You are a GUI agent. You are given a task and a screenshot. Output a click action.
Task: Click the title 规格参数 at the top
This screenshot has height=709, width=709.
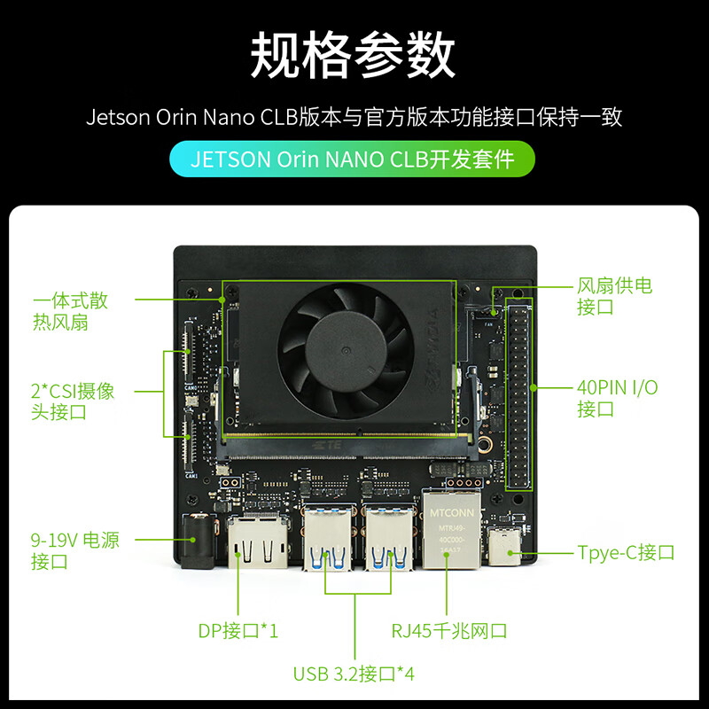pyautogui.click(x=354, y=55)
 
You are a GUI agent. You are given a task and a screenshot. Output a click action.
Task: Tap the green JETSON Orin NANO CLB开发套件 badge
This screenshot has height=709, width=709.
pyautogui.click(x=354, y=160)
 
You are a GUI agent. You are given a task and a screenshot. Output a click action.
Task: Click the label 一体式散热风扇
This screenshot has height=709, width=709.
pyautogui.click(x=69, y=311)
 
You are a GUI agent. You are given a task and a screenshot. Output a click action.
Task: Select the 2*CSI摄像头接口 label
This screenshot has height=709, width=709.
pyautogui.click(x=72, y=401)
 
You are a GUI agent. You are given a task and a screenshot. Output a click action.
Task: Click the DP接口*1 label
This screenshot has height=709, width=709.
pyautogui.click(x=238, y=631)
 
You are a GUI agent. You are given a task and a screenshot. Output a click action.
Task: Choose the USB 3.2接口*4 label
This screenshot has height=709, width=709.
pyautogui.click(x=354, y=674)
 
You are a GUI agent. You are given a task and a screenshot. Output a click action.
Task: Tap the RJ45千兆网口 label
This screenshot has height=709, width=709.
pyautogui.click(x=449, y=631)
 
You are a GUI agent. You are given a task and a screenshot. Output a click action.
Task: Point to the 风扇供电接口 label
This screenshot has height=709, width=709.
pyautogui.click(x=614, y=296)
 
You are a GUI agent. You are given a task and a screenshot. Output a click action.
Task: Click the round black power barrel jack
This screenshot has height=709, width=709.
pyautogui.click(x=195, y=539)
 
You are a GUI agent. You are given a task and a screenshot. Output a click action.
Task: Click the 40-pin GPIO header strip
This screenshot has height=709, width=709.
pyautogui.click(x=518, y=394)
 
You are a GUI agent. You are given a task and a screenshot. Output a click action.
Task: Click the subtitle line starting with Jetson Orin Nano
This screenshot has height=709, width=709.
pyautogui.click(x=354, y=117)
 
